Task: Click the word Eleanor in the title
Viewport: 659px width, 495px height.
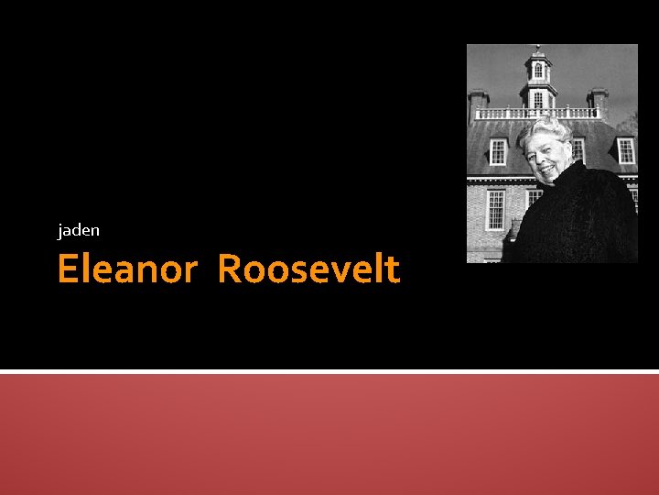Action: pos(126,269)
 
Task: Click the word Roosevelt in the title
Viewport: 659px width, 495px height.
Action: pos(308,269)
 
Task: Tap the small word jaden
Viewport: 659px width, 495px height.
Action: pos(78,230)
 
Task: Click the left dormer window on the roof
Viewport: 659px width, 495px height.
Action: pos(498,150)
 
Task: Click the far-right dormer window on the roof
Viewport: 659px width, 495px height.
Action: pos(626,150)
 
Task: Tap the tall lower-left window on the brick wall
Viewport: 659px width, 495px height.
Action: pos(495,209)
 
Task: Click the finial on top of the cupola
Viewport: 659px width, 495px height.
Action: pos(538,48)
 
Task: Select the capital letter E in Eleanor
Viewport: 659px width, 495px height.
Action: pos(67,269)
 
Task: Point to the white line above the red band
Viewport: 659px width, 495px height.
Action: pos(329,371)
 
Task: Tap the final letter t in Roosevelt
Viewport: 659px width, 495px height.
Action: pos(394,269)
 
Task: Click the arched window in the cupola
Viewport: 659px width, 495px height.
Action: pos(538,71)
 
